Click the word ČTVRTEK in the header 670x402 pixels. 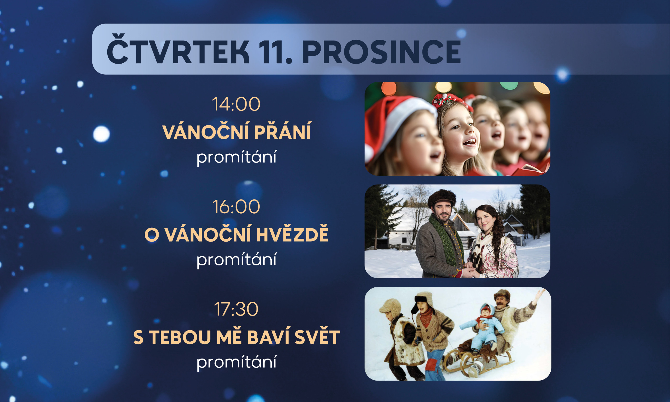coord(178,49)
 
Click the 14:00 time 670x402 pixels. coord(236,104)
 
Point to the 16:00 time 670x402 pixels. coord(236,207)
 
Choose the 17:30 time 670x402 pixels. coord(236,309)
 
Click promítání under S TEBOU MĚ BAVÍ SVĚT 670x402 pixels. coord(236,362)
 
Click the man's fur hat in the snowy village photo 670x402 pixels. coord(442,198)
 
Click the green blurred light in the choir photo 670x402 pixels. coord(509,85)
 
